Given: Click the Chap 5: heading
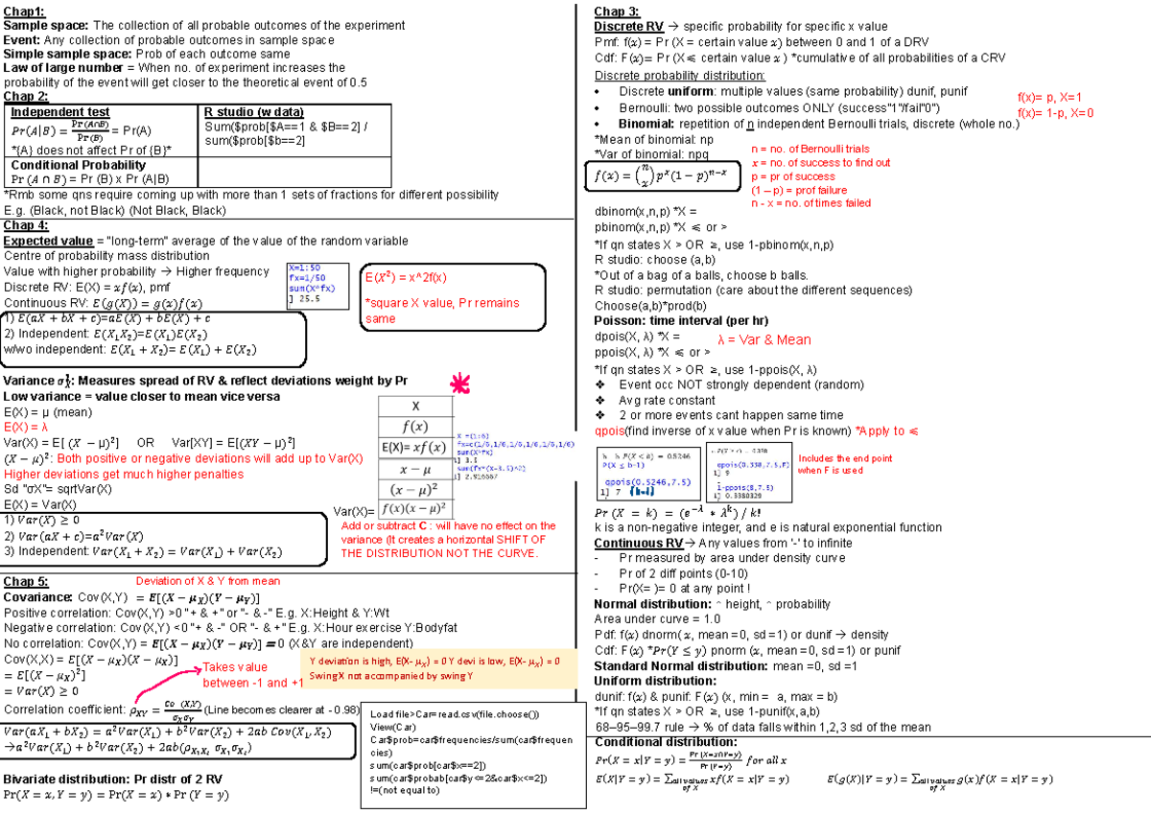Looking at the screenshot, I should coord(27,581).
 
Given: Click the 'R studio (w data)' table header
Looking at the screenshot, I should coord(253,112).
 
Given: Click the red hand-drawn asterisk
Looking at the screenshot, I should coord(461,384).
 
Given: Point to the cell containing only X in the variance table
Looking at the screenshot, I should coord(414,406).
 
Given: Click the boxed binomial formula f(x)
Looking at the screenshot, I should coord(662,176).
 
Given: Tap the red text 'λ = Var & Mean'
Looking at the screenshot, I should coord(763,339).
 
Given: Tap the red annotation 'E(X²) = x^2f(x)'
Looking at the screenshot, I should coord(405,278).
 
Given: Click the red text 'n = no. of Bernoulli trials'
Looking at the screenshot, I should coord(810,150).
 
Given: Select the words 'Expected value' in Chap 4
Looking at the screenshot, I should coord(48,241).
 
